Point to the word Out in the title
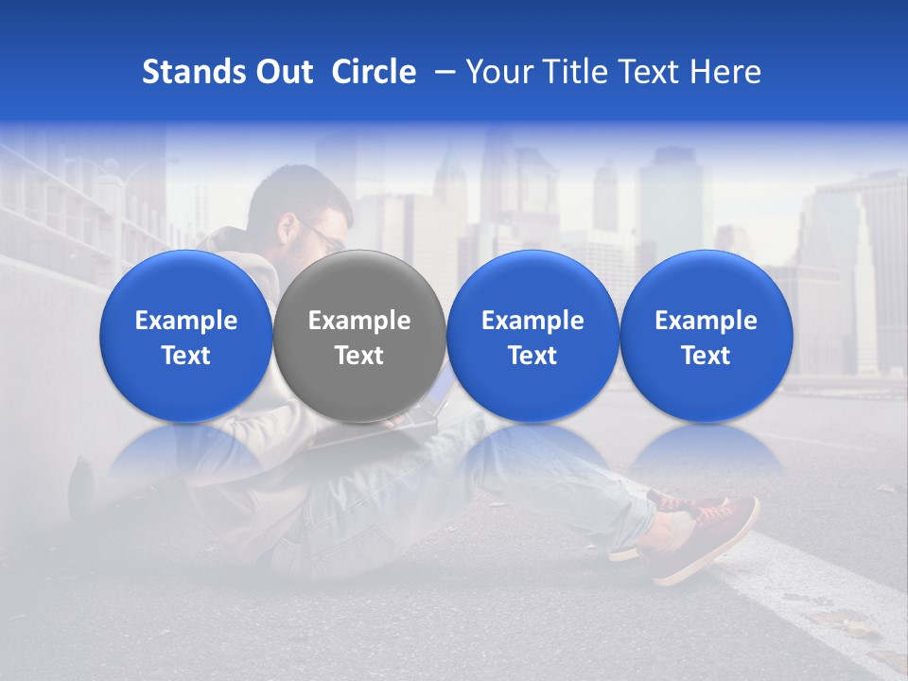pyautogui.click(x=283, y=72)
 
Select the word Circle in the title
pyautogui.click(x=374, y=72)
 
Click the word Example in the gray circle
pyautogui.click(x=359, y=321)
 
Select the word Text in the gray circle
pyautogui.click(x=359, y=356)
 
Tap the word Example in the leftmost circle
pyautogui.click(x=186, y=321)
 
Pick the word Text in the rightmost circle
pyautogui.click(x=706, y=356)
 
